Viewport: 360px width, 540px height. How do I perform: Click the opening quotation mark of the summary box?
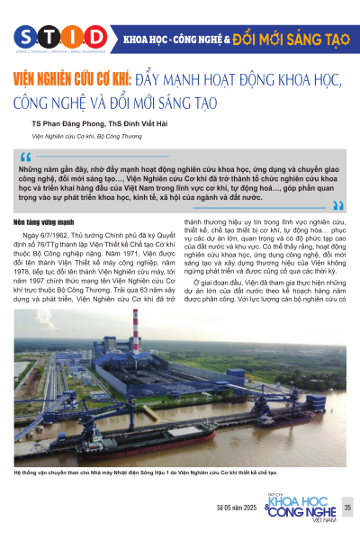(25, 155)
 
